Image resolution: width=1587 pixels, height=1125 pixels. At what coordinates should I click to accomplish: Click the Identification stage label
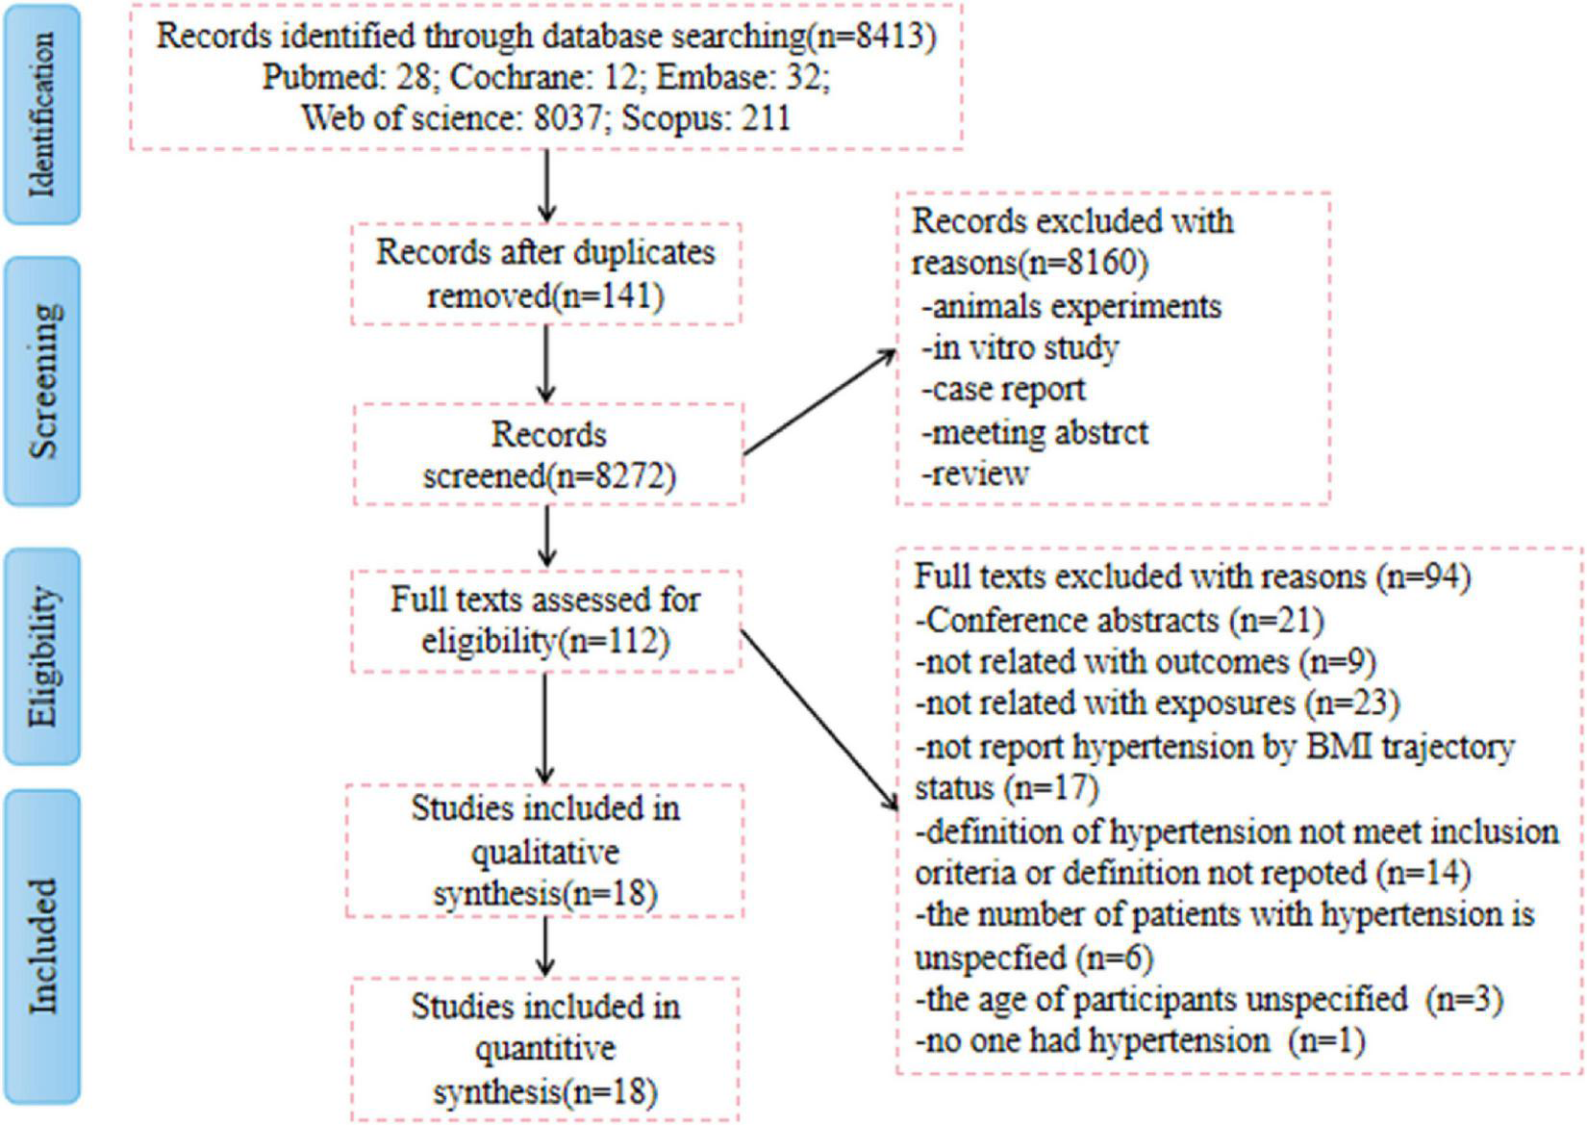(41, 115)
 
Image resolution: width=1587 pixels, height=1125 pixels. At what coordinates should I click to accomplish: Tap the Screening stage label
(41, 381)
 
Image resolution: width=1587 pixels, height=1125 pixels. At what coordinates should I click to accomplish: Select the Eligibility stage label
(41, 656)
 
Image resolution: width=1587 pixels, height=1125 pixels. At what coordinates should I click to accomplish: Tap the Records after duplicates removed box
(545, 273)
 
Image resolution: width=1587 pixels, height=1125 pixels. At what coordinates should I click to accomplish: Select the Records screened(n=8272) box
(548, 454)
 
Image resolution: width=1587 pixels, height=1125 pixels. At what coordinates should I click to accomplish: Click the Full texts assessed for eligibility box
(545, 620)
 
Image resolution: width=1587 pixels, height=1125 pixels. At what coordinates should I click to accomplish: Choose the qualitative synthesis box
(545, 851)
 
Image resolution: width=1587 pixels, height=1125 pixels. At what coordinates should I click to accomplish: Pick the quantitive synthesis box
(545, 1049)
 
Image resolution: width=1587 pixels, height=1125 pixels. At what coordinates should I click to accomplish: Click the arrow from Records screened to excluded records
(819, 401)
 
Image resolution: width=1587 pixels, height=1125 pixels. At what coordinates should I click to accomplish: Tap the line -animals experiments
(1071, 307)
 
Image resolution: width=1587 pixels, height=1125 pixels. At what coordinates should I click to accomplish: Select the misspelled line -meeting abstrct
(1035, 433)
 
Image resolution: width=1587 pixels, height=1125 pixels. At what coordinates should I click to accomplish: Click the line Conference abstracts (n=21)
(1119, 620)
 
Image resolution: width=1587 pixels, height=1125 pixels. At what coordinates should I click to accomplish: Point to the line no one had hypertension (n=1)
(1139, 1041)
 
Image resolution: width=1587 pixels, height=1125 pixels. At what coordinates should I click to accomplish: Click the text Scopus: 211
(706, 118)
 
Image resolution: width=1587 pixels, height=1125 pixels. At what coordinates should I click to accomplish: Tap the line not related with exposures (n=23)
(1156, 703)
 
